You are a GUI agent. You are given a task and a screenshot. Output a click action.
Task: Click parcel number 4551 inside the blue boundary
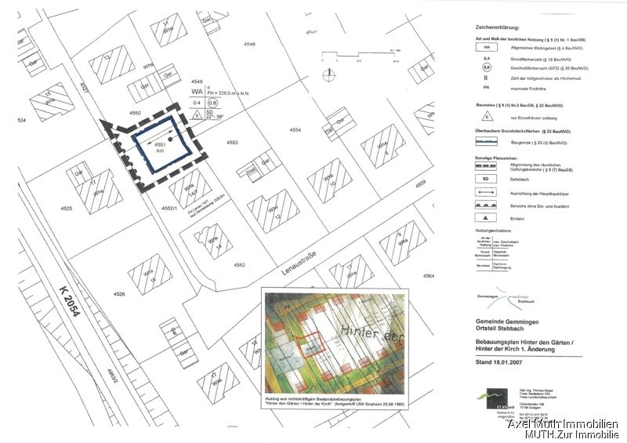[161, 145]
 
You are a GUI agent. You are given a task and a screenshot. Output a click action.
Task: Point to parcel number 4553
[231, 143]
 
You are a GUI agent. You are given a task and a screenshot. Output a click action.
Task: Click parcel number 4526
[119, 293]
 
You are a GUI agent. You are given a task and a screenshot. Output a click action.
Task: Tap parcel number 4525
[66, 209]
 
